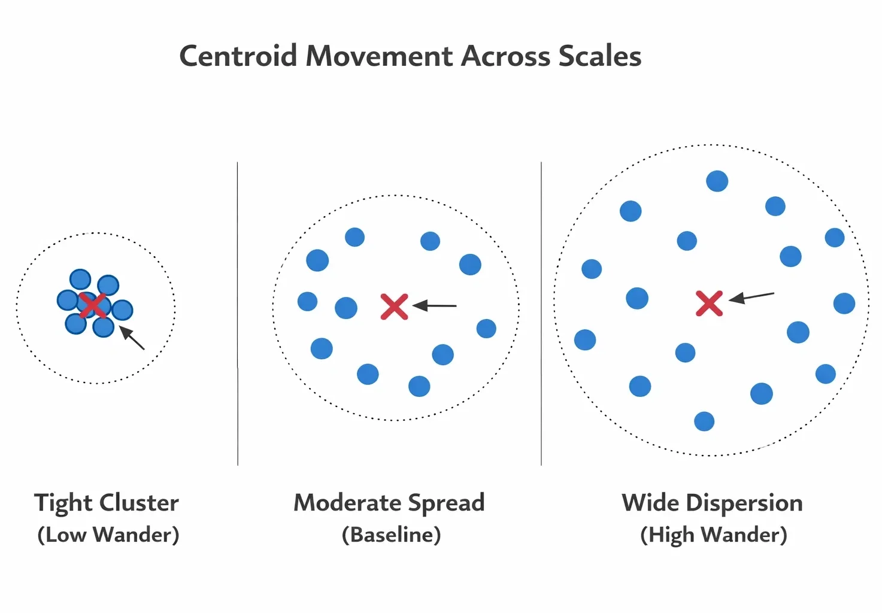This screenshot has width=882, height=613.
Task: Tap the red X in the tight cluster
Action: (x=93, y=305)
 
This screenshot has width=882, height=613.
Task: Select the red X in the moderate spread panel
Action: (x=395, y=306)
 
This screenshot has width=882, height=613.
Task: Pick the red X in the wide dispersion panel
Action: (x=710, y=304)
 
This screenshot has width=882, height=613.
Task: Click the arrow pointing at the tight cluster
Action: (x=133, y=338)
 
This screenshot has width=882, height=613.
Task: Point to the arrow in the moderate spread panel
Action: (x=435, y=306)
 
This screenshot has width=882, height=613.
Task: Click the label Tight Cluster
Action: (x=107, y=503)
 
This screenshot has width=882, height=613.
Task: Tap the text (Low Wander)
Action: (x=108, y=535)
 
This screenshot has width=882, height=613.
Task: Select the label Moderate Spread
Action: (x=389, y=503)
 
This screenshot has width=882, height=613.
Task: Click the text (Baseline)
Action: (x=392, y=535)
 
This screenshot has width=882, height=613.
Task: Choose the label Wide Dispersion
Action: (x=713, y=503)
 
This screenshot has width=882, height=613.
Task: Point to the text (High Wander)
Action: (x=714, y=535)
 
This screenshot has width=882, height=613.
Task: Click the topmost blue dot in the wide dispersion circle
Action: (x=717, y=181)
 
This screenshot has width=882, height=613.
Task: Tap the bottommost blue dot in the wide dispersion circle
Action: (x=704, y=421)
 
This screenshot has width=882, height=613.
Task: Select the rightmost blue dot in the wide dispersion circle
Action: (x=844, y=304)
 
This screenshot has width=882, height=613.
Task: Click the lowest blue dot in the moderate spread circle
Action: (x=419, y=386)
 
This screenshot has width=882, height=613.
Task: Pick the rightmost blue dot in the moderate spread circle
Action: (x=486, y=328)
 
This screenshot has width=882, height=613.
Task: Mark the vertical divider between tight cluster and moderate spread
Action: (x=238, y=311)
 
